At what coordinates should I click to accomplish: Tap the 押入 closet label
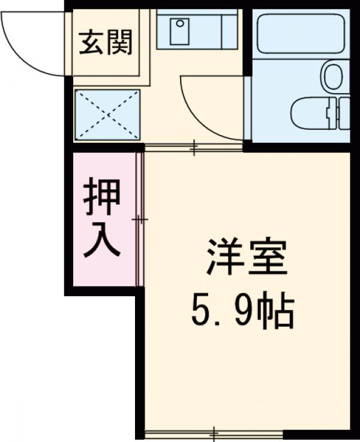pyautogui.click(x=102, y=218)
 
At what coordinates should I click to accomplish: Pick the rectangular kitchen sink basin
pyautogui.click(x=179, y=31)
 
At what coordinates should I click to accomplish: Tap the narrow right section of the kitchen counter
pyautogui.click(x=229, y=29)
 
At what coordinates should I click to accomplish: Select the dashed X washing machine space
pyautogui.click(x=107, y=115)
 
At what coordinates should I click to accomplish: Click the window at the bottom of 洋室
pyautogui.click(x=214, y=433)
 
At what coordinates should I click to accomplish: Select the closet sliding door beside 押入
pyautogui.click(x=140, y=220)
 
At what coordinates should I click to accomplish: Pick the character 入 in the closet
pyautogui.click(x=102, y=241)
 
